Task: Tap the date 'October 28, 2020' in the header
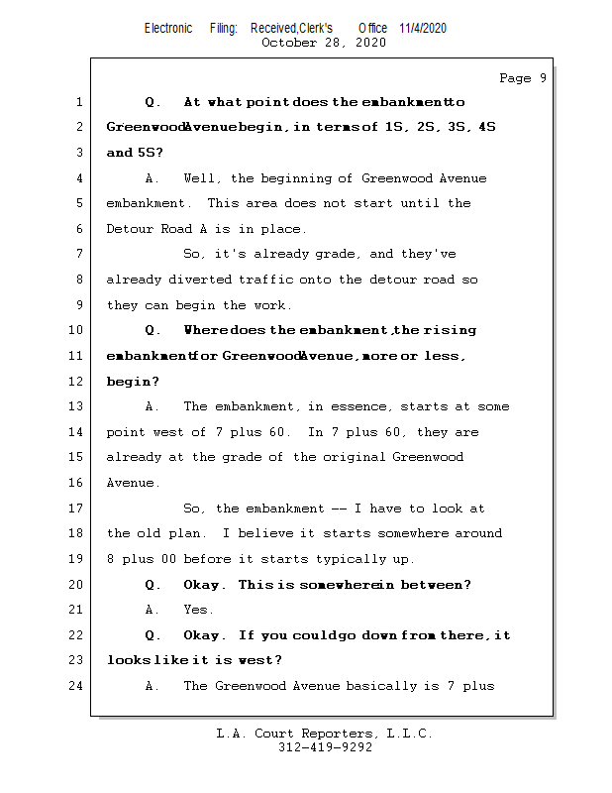coord(323,43)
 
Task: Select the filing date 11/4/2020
coord(423,28)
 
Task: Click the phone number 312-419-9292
coord(325,747)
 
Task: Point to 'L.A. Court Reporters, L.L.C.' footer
coord(324,734)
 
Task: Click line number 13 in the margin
coord(77,406)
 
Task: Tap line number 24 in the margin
coord(77,686)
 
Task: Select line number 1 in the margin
coord(77,102)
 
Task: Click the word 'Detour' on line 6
coord(131,229)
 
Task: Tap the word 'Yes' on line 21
coord(198,610)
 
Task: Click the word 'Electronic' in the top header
coord(168,28)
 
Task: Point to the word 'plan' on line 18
coord(198,533)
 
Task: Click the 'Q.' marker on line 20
coord(153,585)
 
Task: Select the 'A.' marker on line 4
coord(153,178)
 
